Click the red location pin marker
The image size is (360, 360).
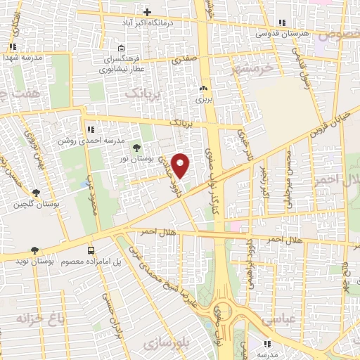[181, 165]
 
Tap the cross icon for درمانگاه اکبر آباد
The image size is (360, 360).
[147, 12]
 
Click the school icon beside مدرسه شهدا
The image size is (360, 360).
[13, 46]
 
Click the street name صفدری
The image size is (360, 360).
[184, 61]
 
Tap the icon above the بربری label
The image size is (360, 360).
[204, 88]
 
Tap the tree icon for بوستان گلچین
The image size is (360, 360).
[36, 193]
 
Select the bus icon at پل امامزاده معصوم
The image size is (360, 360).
[91, 251]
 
